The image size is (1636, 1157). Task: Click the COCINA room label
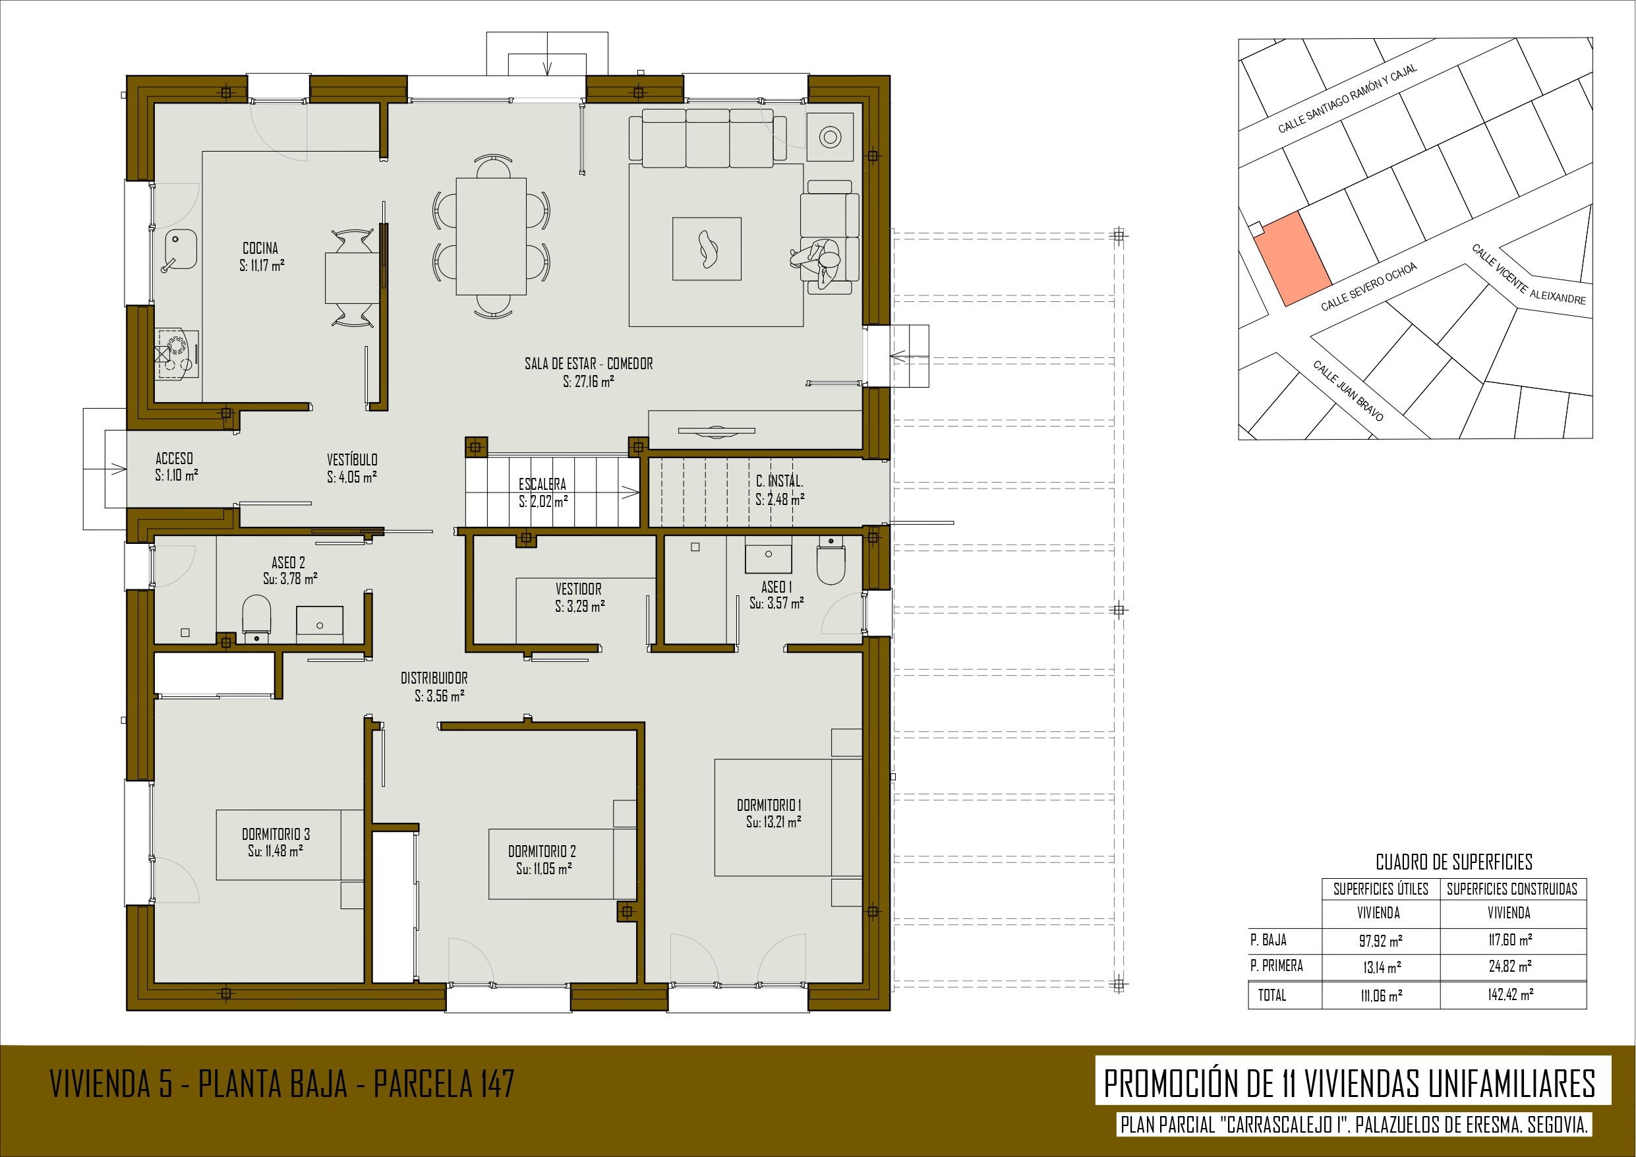[x=260, y=248]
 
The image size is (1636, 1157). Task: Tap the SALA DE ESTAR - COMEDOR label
[x=589, y=363]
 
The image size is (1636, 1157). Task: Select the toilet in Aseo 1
[x=831, y=560]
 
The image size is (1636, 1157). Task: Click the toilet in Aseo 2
[x=256, y=616]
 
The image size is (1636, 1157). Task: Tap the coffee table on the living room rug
[x=707, y=249]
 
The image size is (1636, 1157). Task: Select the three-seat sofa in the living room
[x=707, y=138]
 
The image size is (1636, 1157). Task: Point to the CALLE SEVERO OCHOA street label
[x=1369, y=287]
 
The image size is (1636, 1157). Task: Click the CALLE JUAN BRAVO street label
[x=1348, y=391]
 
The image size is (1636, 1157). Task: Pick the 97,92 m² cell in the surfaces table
[x=1381, y=940]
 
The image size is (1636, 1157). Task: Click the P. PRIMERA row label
[x=1276, y=965]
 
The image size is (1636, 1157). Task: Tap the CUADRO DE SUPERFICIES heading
[x=1453, y=862]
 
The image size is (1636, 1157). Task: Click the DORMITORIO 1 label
[x=769, y=805]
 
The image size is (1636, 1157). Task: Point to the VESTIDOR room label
[x=579, y=589]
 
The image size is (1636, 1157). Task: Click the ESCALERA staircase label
[x=542, y=484]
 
